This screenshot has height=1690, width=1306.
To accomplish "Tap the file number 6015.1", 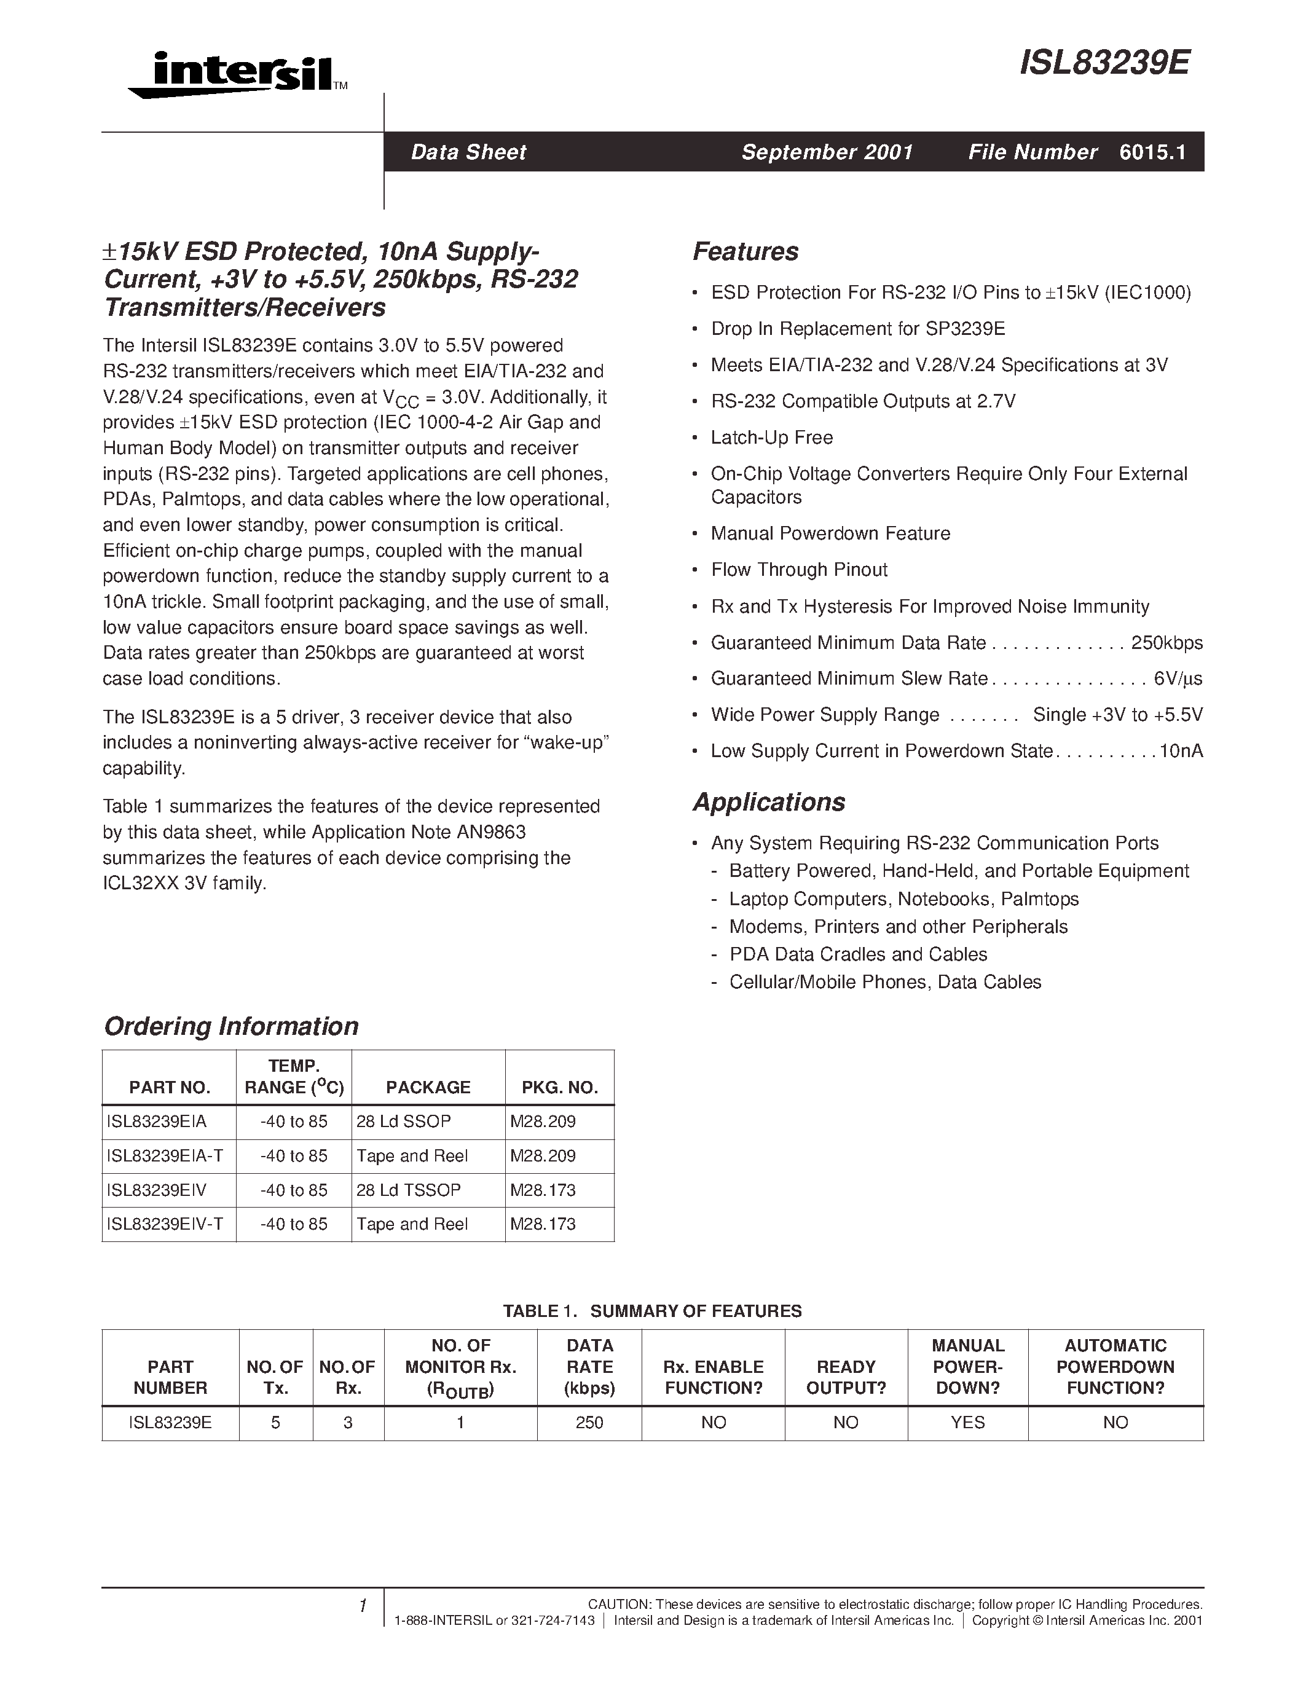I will pos(1152,152).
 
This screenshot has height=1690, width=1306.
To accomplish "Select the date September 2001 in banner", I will pos(827,152).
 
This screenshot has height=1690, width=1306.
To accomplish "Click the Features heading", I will pos(745,251).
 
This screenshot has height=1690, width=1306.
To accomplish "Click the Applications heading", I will pos(768,801).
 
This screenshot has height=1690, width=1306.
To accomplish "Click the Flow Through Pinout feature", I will pos(798,570).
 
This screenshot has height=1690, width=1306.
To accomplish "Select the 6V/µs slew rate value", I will pos(1178,678).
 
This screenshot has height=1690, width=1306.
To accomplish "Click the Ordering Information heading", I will pos(230,1026).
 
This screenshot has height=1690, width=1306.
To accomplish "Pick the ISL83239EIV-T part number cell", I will pos(165,1224).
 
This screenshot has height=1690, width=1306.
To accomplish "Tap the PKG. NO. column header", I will pos(559,1087).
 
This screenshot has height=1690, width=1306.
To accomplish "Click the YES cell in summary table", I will pos(967,1422).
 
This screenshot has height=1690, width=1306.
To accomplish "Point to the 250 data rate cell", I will pos(589,1422).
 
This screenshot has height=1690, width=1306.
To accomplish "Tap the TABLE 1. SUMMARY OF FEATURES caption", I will pos(652,1311).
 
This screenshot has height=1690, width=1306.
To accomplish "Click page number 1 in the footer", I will pos(362,1606).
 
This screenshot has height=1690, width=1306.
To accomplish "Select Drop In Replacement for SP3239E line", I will pos(857,329).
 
